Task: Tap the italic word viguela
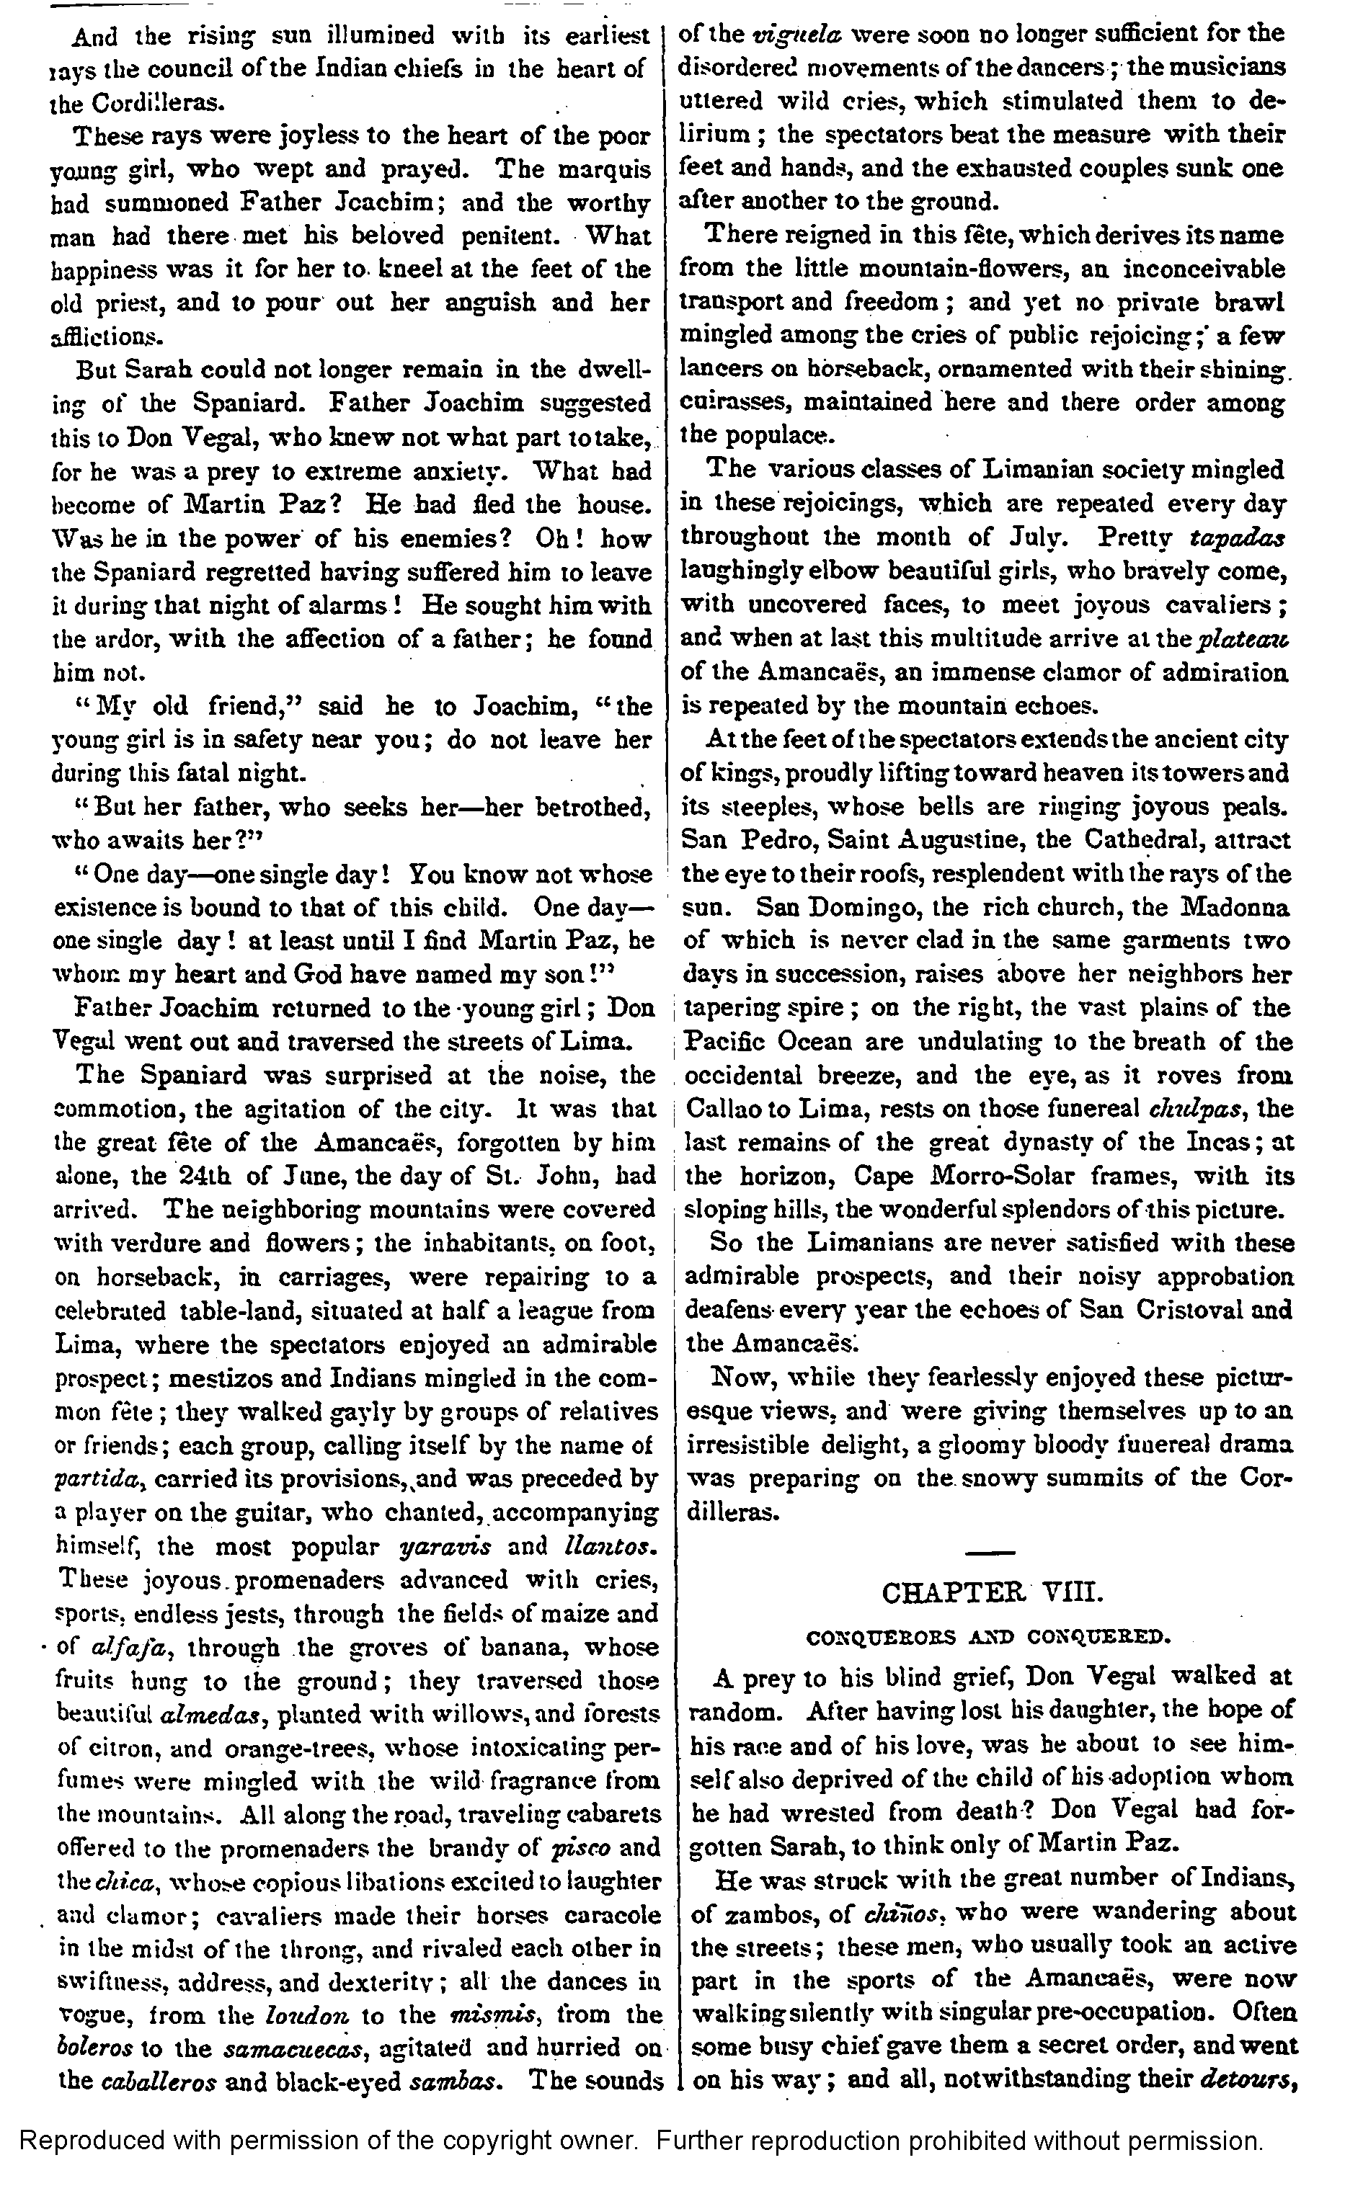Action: click(788, 35)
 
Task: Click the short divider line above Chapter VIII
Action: click(990, 1551)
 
